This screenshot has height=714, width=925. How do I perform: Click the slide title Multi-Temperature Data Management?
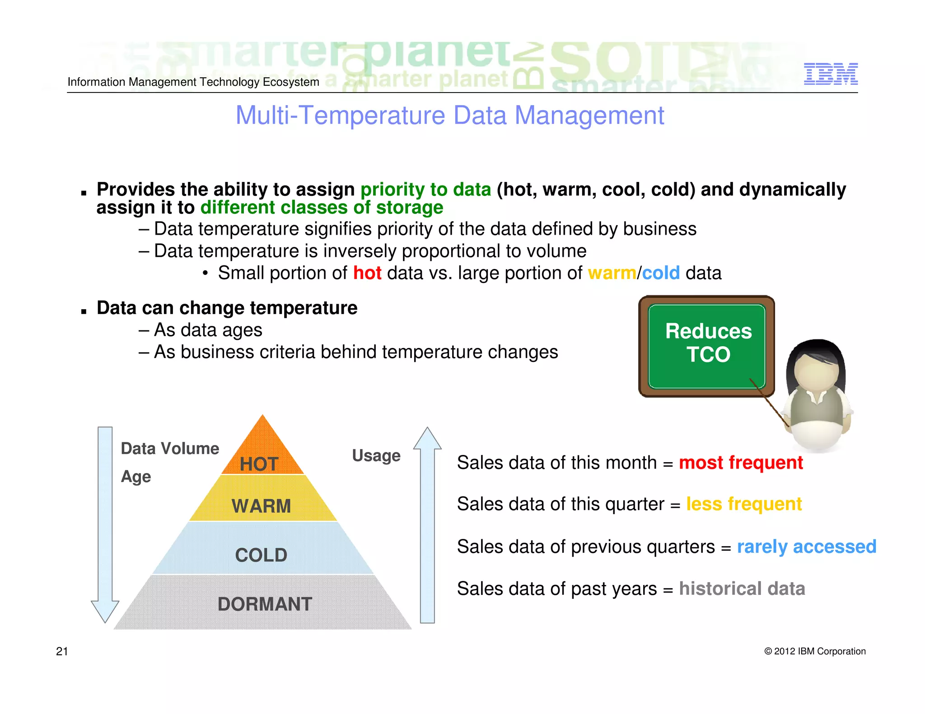tap(449, 116)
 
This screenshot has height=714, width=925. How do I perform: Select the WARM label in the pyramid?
tap(261, 505)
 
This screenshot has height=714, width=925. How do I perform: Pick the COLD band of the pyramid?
tap(261, 555)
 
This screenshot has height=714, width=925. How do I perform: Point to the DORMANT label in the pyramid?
tap(265, 604)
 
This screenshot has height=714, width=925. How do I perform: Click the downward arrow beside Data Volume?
tap(105, 524)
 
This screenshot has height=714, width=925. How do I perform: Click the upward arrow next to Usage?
tap(427, 524)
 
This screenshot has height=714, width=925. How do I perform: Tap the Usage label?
tap(376, 455)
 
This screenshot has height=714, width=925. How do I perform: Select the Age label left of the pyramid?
tap(135, 477)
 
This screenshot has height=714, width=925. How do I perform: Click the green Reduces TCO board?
tap(707, 345)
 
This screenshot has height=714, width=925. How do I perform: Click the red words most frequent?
tap(741, 463)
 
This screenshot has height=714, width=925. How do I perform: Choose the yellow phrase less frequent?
tap(743, 504)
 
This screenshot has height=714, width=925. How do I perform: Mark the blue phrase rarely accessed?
tap(806, 547)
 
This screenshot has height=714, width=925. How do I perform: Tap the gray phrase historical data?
tap(742, 589)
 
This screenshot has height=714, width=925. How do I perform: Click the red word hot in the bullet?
tap(367, 273)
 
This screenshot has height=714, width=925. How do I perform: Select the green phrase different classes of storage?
tap(322, 208)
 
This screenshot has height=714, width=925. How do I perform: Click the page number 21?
tap(62, 651)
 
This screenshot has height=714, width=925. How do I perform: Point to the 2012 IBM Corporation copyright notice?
tap(815, 651)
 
